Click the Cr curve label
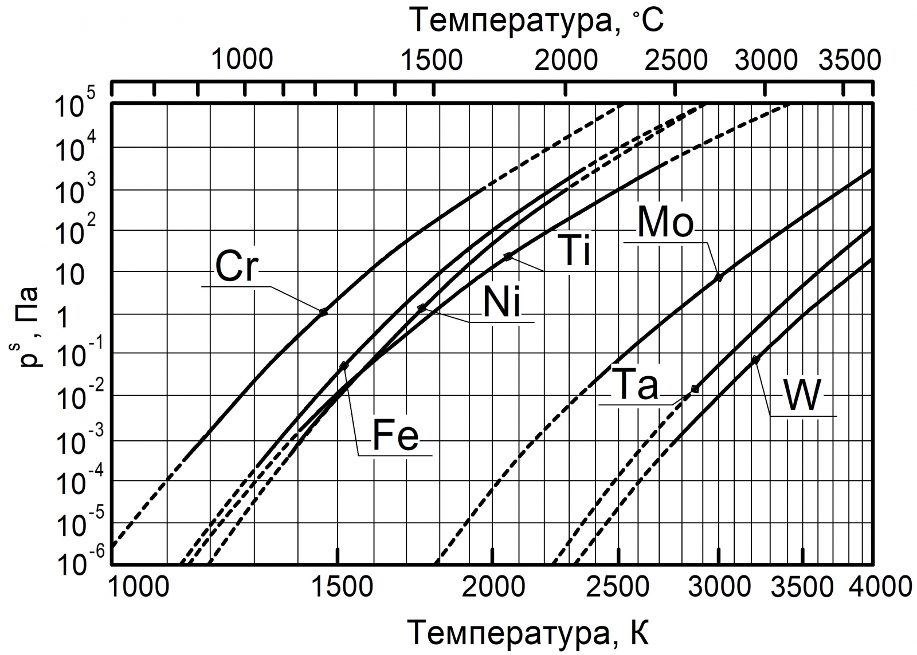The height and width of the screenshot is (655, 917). (x=237, y=267)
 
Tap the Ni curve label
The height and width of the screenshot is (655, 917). (x=502, y=304)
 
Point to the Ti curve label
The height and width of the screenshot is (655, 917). (x=575, y=252)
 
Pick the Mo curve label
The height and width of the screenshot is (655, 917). (x=665, y=223)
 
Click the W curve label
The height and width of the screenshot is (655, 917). (x=802, y=396)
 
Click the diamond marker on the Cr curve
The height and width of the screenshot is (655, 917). (x=323, y=312)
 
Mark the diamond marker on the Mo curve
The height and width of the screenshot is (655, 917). (x=719, y=278)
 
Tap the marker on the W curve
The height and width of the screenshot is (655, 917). (x=755, y=360)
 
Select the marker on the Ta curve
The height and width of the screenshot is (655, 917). (x=695, y=389)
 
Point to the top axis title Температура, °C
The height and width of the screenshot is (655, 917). (x=537, y=21)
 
